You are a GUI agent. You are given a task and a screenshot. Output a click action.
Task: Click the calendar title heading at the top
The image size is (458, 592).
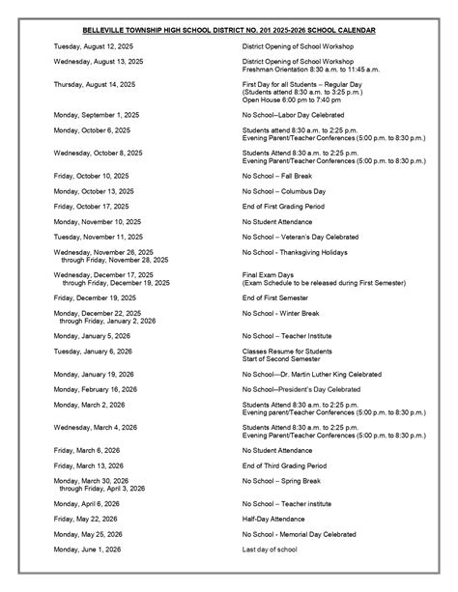(229, 30)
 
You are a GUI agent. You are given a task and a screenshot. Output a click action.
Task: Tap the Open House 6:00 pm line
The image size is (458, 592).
(293, 99)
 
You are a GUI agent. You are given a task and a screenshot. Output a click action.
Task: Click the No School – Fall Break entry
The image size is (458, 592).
(281, 176)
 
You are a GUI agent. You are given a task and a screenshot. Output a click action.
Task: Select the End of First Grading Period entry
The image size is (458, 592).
(289, 206)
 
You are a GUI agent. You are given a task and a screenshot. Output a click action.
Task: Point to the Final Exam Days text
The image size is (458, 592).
(266, 274)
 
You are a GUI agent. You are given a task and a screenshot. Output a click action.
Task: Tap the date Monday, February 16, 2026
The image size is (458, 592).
(96, 389)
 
